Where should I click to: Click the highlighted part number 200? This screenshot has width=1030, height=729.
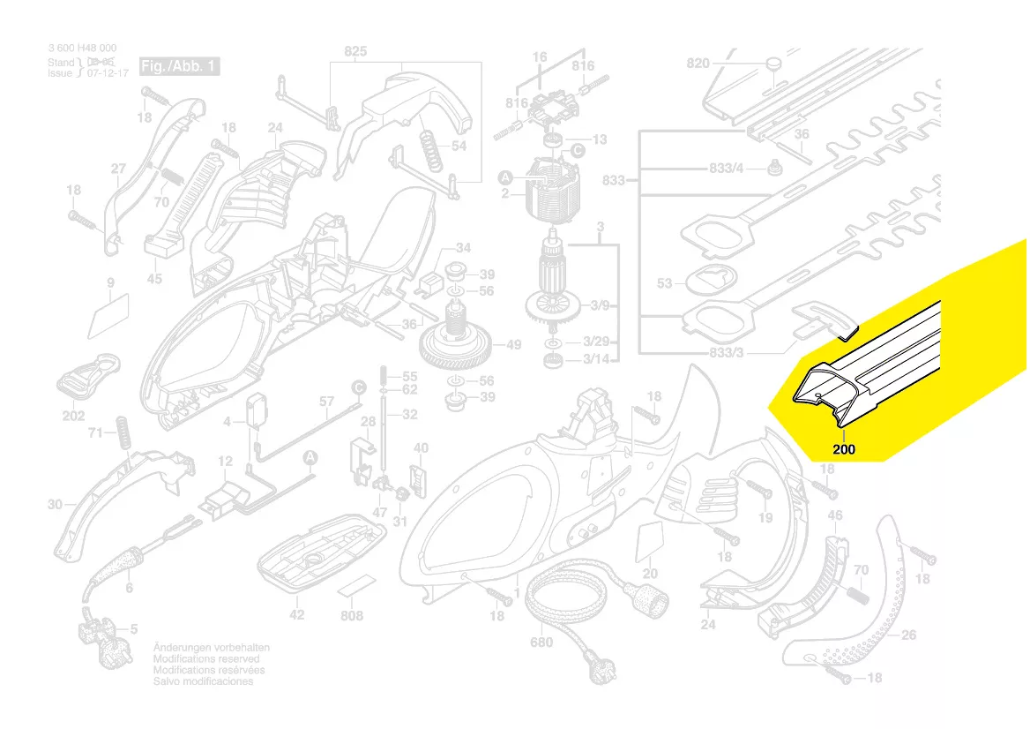tap(844, 449)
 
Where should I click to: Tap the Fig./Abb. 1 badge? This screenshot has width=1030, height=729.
tap(179, 67)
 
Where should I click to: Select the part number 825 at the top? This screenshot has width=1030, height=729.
tap(355, 52)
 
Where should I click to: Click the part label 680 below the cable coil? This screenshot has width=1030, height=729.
tap(541, 643)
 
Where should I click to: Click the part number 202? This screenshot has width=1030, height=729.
tap(73, 416)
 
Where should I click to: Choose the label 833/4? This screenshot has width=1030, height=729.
tap(727, 168)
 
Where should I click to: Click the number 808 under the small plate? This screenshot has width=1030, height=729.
tap(351, 615)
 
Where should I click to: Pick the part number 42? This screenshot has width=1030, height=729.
tap(297, 614)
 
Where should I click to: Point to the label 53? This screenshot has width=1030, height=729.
tap(665, 283)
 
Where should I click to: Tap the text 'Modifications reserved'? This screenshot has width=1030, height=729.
tap(206, 659)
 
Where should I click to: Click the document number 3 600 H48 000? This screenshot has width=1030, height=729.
tap(82, 48)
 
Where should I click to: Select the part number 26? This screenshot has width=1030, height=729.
tap(909, 634)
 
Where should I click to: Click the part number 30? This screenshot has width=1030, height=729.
tap(56, 505)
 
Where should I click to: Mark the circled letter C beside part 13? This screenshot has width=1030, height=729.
tap(578, 151)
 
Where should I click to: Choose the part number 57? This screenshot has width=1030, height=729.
tap(326, 402)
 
